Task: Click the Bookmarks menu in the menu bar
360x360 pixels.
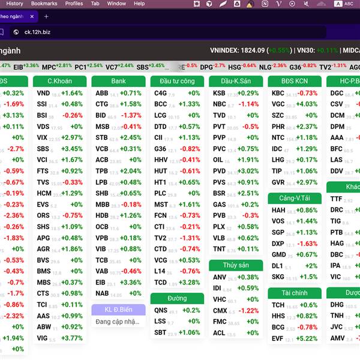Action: pyautogui.click(x=44, y=4)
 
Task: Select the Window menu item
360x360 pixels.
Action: pyautogui.click(x=116, y=4)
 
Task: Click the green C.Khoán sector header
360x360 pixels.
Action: pyautogui.click(x=59, y=81)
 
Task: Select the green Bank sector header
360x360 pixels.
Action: pyautogui.click(x=118, y=81)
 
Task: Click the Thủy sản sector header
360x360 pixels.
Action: pyautogui.click(x=236, y=265)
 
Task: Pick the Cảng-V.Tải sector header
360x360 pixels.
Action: pyautogui.click(x=295, y=198)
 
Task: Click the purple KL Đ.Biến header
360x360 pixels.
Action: pyautogui.click(x=118, y=310)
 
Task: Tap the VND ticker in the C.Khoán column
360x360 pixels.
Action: pyautogui.click(x=43, y=94)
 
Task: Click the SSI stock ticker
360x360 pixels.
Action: pyautogui.click(x=42, y=104)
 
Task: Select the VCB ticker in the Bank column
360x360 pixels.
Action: pyautogui.click(x=102, y=149)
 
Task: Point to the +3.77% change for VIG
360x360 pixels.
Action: pyautogui.click(x=73, y=338)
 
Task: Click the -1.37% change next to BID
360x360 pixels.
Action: pyautogui.click(x=131, y=115)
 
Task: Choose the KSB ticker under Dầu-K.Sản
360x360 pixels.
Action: pyautogui.click(x=220, y=94)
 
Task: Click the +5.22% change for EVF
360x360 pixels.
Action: pyautogui.click(x=308, y=338)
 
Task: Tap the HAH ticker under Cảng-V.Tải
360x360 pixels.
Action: pyautogui.click(x=278, y=211)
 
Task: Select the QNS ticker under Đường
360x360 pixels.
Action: pyautogui.click(x=161, y=310)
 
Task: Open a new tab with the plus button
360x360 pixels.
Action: pyautogui.click(x=46, y=16)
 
